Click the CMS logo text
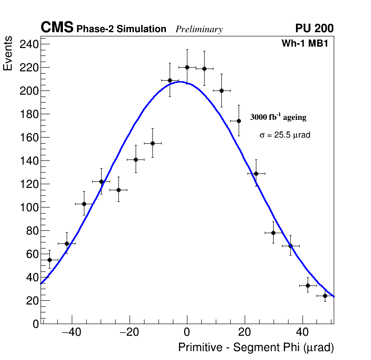tap(57, 28)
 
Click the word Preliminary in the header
tap(199, 29)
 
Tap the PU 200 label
tap(314, 28)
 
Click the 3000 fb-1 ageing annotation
tap(278, 117)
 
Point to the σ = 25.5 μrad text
tap(285, 135)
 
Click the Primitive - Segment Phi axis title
tap(256, 348)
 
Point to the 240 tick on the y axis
tap(29, 44)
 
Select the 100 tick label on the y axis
tap(29, 208)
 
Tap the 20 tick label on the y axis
tap(32, 301)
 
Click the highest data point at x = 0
tap(187, 67)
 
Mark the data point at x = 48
tap(325, 296)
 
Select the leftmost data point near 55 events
tap(49, 260)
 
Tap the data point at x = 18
tap(239, 121)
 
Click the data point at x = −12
tap(152, 143)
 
